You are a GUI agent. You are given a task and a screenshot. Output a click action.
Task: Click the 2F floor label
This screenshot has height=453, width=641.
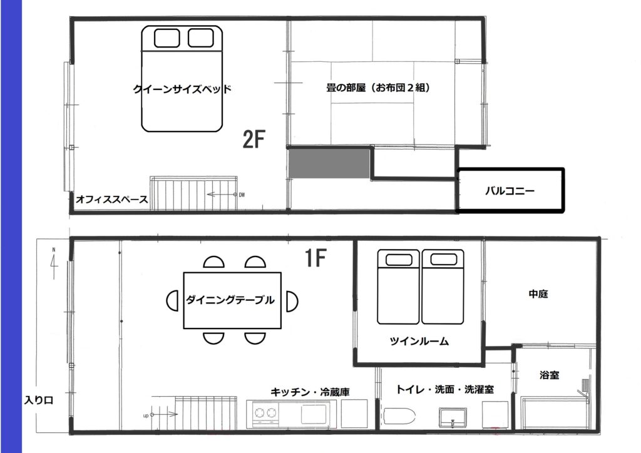[x=254, y=139]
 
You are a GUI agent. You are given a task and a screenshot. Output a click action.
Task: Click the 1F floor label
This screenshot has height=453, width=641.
[x=315, y=257]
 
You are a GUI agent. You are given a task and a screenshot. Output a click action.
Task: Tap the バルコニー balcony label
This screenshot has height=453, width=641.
[x=510, y=191]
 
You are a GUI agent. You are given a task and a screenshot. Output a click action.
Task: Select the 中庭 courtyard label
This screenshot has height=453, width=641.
[x=538, y=293]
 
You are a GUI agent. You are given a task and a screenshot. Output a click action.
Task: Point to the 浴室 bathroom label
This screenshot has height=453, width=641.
[x=549, y=375]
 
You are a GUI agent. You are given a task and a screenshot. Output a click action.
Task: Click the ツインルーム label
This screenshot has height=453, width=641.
[x=419, y=341]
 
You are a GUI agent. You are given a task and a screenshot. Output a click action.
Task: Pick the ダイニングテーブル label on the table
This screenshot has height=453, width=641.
[x=230, y=300]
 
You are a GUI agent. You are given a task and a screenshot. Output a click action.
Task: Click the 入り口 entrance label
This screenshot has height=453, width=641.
[x=38, y=400]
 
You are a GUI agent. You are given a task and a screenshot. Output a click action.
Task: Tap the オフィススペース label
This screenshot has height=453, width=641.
[x=111, y=200]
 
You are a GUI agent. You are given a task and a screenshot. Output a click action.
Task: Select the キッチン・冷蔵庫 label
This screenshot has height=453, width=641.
[x=310, y=392]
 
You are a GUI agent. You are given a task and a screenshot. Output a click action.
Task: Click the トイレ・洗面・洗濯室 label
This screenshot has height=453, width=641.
[x=445, y=389]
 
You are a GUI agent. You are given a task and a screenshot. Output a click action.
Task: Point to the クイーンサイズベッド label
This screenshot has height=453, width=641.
[x=182, y=89]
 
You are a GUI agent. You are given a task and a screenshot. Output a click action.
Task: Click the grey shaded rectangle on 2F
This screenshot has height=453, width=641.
[x=329, y=163]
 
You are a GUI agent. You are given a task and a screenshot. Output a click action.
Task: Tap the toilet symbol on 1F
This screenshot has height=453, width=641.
[x=399, y=417]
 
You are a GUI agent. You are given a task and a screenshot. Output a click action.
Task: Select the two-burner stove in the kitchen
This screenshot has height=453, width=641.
[x=265, y=413]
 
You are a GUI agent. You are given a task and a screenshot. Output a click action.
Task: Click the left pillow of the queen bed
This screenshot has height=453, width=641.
[x=167, y=38]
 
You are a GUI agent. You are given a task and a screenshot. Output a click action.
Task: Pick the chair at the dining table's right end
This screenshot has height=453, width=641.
[x=292, y=301]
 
